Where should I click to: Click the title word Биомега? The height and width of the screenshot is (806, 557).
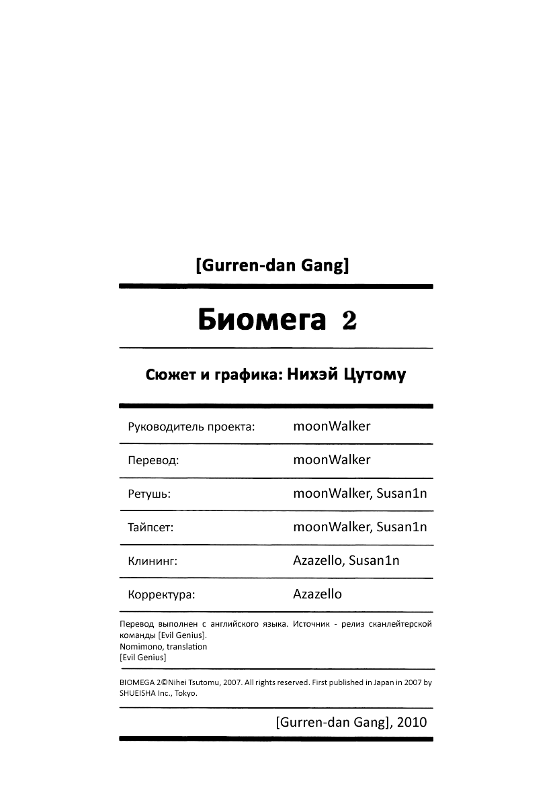pyautogui.click(x=261, y=321)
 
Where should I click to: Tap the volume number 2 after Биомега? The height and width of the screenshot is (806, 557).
pyautogui.click(x=349, y=321)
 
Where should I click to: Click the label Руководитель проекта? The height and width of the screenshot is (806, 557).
pyautogui.click(x=191, y=427)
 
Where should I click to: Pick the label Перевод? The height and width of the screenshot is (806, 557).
pyautogui.click(x=153, y=461)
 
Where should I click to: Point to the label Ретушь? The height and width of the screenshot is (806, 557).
pyautogui.click(x=148, y=494)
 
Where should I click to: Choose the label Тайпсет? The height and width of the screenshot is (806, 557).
pyautogui.click(x=151, y=528)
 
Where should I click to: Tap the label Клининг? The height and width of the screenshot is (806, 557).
pyautogui.click(x=152, y=562)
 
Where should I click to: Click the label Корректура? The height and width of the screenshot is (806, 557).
pyautogui.click(x=161, y=595)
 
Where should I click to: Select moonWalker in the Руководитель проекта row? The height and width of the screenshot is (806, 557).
pyautogui.click(x=332, y=426)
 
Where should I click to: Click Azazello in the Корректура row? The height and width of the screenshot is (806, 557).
pyautogui.click(x=318, y=594)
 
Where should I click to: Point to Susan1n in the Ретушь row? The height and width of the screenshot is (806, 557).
pyautogui.click(x=402, y=493)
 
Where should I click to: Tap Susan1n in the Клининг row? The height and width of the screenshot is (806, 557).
pyautogui.click(x=374, y=560)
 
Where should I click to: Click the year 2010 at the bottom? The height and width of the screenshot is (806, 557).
pyautogui.click(x=412, y=723)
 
